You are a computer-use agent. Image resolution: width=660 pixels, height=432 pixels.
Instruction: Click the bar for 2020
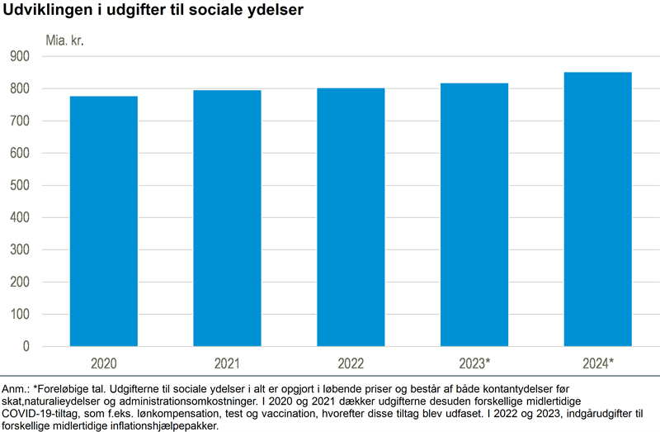click(103, 221)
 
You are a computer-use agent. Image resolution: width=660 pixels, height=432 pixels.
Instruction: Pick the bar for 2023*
click(474, 215)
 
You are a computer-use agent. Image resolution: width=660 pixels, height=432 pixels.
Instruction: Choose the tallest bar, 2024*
click(597, 209)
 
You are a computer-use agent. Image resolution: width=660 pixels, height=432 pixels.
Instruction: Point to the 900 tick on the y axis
click(42, 56)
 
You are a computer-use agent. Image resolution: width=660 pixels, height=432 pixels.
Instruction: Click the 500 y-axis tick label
click(42, 185)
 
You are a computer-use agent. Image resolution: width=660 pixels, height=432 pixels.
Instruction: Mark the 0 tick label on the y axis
click(49, 347)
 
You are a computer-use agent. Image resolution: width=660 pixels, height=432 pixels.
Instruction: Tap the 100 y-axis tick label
click(42, 315)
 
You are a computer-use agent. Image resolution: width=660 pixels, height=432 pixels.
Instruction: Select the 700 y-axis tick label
click(42, 121)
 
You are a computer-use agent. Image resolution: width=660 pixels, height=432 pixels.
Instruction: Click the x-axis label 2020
click(103, 363)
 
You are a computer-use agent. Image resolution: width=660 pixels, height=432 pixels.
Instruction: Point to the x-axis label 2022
click(351, 363)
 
